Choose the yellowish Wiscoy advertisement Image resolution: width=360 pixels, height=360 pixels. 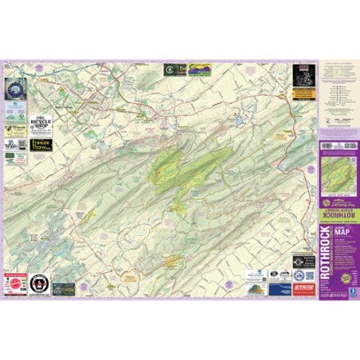pyautogui.click(x=16, y=128)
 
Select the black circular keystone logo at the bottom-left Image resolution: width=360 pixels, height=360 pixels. pyautogui.click(x=37, y=287)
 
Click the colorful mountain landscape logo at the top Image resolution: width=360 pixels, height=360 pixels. pyautogui.click(x=199, y=70)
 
